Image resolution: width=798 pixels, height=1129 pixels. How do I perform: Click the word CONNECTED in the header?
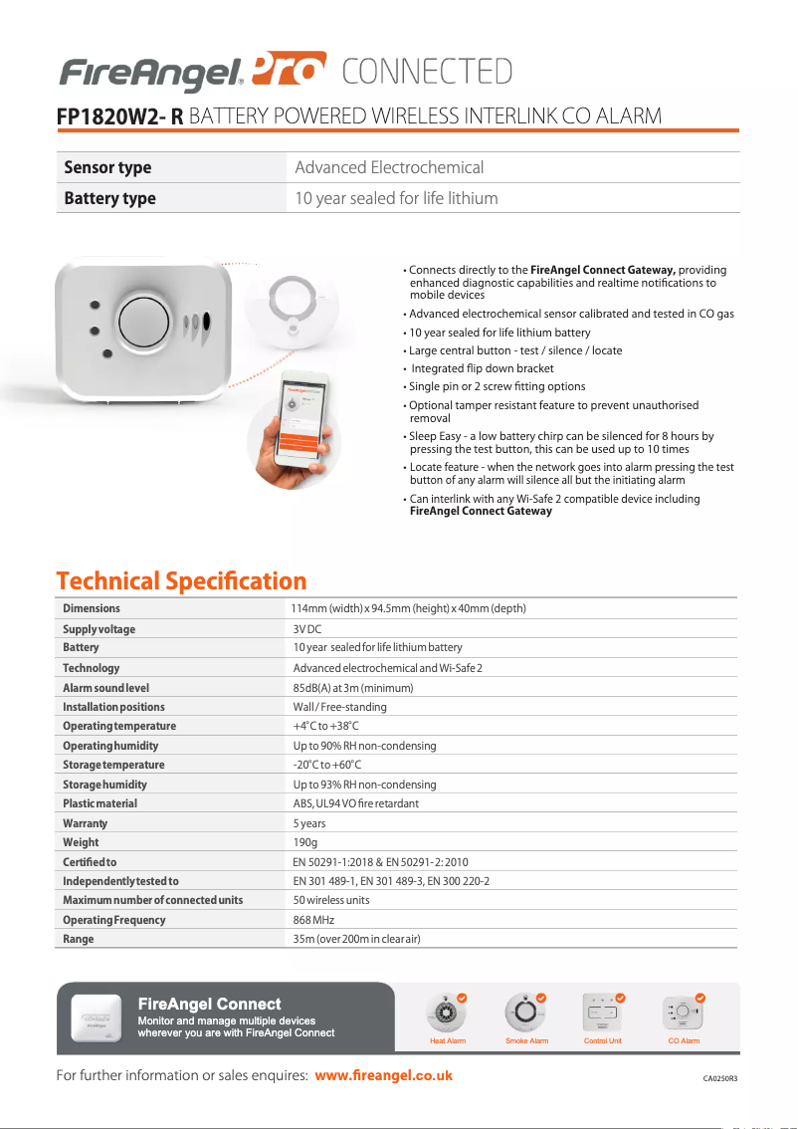tap(427, 72)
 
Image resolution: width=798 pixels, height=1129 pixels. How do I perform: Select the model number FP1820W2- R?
tap(119, 116)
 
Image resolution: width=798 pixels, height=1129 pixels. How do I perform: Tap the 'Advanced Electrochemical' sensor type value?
tap(389, 167)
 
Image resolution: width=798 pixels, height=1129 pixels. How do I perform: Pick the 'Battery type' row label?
tap(109, 198)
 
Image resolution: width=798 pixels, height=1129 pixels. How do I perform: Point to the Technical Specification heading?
tap(181, 580)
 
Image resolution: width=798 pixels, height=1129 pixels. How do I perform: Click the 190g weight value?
tap(304, 842)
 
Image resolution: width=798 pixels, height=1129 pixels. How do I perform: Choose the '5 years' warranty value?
tap(308, 823)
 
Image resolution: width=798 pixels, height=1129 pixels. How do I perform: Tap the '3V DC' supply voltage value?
tap(306, 629)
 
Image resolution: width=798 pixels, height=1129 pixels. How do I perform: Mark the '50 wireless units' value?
tap(330, 900)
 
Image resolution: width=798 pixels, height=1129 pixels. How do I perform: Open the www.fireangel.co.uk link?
tap(383, 1075)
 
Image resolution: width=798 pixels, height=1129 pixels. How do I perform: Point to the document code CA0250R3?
tap(720, 1078)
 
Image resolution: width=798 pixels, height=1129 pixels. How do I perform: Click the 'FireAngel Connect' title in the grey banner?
tap(209, 1004)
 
